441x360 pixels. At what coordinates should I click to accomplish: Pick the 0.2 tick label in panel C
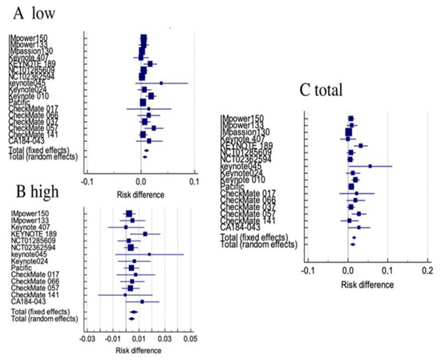click(426, 272)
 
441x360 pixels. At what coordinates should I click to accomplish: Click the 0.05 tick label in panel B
click(190, 339)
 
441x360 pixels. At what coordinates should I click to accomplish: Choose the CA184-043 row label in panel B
click(31, 301)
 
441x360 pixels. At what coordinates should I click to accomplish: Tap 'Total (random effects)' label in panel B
click(44, 318)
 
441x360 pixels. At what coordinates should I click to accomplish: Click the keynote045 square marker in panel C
click(370, 166)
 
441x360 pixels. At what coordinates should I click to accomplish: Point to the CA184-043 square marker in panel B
click(142, 301)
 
